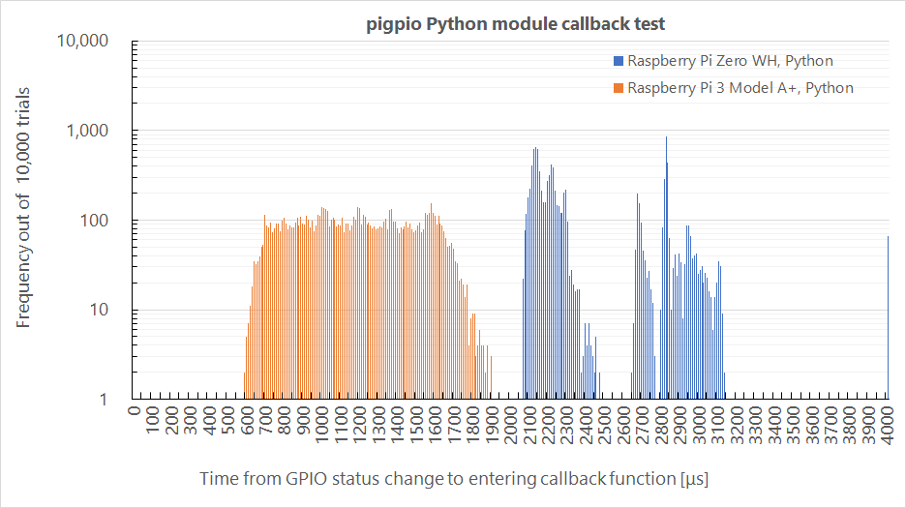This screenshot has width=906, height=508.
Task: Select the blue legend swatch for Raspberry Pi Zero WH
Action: [618, 61]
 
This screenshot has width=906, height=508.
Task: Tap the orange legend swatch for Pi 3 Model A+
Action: [618, 88]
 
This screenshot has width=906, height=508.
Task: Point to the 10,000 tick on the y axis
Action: [82, 42]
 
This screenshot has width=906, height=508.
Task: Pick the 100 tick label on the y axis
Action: [98, 221]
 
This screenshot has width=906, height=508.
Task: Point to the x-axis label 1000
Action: [322, 427]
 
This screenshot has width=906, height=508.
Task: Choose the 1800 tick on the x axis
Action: [473, 427]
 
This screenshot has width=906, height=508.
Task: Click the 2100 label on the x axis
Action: [530, 427]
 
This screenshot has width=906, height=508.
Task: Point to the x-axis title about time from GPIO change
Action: [455, 479]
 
